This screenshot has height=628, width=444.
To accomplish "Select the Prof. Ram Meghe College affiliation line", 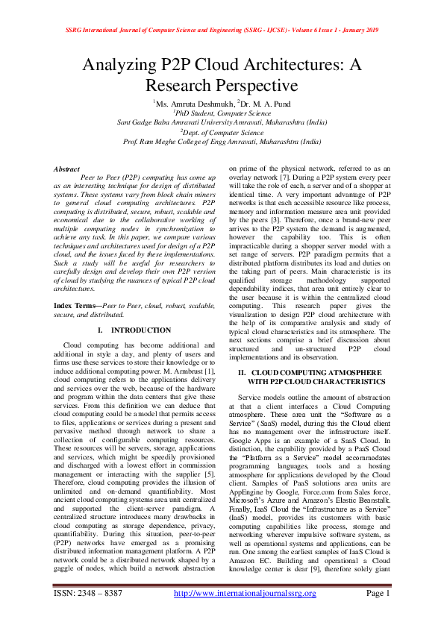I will tap(222, 140).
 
